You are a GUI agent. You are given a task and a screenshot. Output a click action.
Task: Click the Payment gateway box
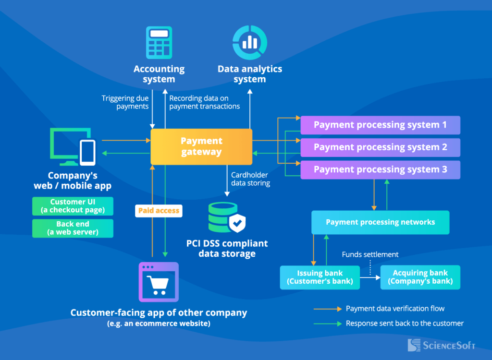click(201, 147)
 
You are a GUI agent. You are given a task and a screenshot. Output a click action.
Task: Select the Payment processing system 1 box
click(380, 125)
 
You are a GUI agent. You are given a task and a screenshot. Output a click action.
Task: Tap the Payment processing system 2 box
click(380, 147)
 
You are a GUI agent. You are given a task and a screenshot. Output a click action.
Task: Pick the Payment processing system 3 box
click(380, 169)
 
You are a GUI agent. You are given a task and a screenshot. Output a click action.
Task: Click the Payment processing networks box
click(380, 222)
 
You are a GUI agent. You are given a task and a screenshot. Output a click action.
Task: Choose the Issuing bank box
click(320, 277)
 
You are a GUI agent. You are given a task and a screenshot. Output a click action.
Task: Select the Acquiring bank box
click(420, 277)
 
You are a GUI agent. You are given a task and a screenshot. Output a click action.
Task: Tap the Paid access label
click(159, 210)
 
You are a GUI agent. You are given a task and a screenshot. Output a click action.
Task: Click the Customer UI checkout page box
click(73, 206)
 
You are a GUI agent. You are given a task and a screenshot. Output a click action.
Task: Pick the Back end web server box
click(73, 228)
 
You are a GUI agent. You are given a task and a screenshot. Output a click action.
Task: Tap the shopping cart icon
click(159, 282)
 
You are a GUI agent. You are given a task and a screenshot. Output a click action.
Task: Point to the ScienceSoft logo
click(441, 345)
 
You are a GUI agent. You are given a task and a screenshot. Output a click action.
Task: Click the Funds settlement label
click(370, 254)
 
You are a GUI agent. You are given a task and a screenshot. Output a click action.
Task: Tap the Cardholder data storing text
click(250, 179)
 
